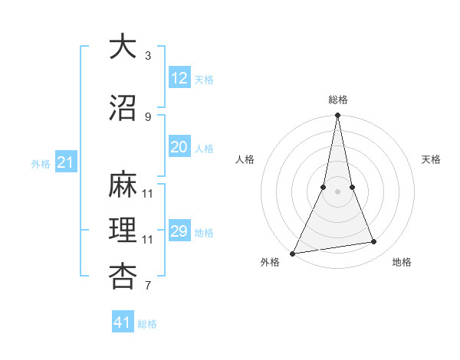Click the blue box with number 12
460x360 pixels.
tap(179, 78)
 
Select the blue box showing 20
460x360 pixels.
tap(179, 147)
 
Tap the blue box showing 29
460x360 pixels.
tap(179, 231)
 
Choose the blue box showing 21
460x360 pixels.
tap(65, 162)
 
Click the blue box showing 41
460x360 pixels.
tap(123, 322)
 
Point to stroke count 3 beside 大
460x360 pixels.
tap(148, 55)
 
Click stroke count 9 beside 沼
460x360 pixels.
tap(148, 116)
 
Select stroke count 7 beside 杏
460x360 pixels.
tap(148, 286)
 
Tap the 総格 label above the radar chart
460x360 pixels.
tap(338, 100)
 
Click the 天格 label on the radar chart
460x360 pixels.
tap(432, 159)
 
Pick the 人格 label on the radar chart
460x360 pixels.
tap(245, 159)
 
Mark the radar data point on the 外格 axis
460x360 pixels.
tap(292, 253)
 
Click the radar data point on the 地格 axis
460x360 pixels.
tap(374, 242)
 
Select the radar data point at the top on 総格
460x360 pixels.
tap(337, 116)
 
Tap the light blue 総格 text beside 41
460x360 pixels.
tap(147, 324)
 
